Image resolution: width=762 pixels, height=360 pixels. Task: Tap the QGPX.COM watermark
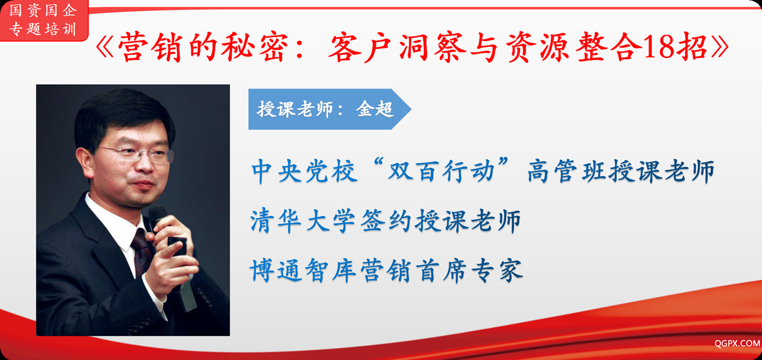pyautogui.click(x=737, y=343)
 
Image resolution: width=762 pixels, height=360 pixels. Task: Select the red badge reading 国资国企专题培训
pyautogui.click(x=44, y=20)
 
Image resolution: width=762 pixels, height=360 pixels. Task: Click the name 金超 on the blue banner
pyautogui.click(x=375, y=109)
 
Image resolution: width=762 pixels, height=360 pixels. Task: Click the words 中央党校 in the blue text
pyautogui.click(x=305, y=171)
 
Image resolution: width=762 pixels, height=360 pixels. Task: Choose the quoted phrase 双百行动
pyautogui.click(x=441, y=171)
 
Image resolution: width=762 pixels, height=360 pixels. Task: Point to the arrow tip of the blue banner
pyautogui.click(x=411, y=109)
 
